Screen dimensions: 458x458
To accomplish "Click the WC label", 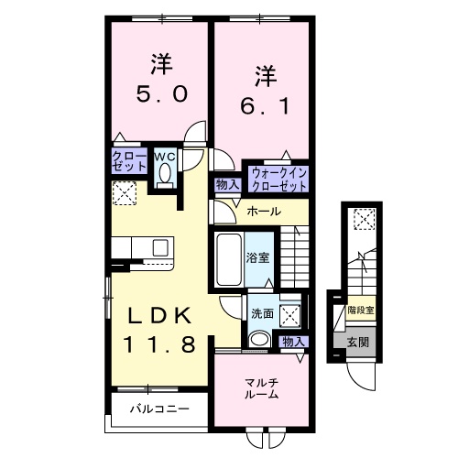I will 164,157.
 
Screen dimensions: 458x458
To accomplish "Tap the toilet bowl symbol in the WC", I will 165,177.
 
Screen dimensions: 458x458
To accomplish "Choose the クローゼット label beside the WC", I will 130,162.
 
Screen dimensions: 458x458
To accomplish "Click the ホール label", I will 264,212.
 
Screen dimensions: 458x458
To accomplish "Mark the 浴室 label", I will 258,257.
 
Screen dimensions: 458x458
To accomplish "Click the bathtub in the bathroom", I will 228,258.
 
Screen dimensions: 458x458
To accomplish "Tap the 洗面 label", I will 262,313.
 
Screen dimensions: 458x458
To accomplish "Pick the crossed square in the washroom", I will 291,315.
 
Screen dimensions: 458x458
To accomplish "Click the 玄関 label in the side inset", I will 357,343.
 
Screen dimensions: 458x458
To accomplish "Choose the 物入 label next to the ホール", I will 227,184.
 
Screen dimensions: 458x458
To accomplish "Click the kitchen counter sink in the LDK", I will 160,247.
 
